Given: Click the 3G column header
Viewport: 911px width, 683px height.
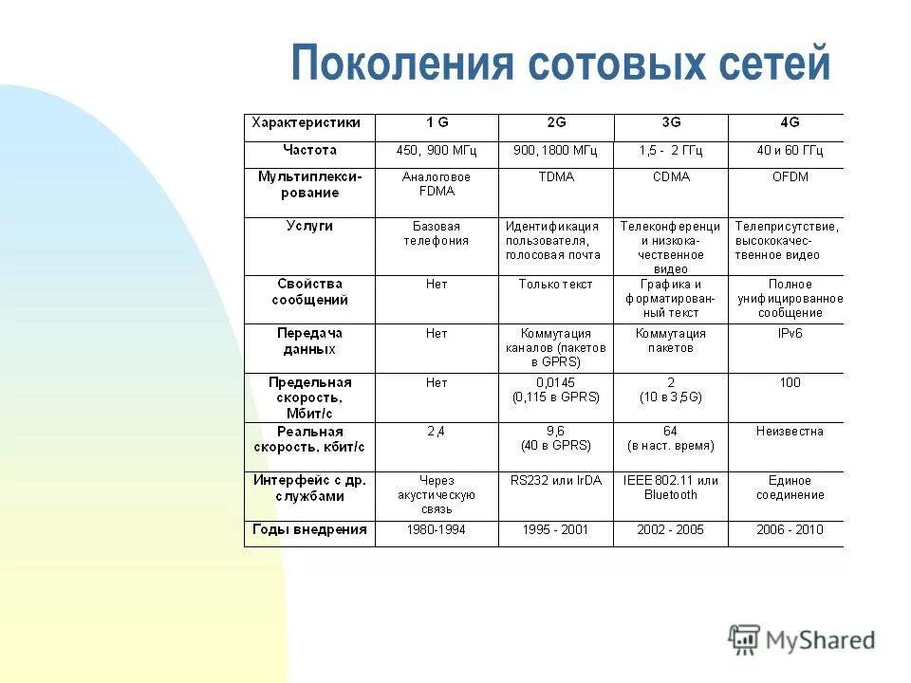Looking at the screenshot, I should [x=670, y=122].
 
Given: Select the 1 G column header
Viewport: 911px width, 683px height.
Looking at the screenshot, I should [x=437, y=122].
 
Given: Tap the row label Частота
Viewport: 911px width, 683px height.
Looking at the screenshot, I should [x=309, y=150].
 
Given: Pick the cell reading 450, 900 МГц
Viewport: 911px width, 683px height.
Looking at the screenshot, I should [x=437, y=151].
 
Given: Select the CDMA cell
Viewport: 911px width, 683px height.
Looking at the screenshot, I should [x=670, y=177].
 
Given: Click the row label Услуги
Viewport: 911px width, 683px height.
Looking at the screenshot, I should [x=309, y=227].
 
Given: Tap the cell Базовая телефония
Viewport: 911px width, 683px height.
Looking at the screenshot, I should [x=437, y=233].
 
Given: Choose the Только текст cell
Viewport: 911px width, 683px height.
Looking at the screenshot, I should [x=555, y=284].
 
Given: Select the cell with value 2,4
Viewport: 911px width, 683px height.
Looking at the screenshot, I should [x=437, y=432].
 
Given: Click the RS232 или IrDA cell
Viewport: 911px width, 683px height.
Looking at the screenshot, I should [x=555, y=481].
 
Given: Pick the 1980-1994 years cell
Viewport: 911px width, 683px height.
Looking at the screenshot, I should [x=437, y=530].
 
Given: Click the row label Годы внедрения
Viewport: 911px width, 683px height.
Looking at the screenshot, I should [x=309, y=530].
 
